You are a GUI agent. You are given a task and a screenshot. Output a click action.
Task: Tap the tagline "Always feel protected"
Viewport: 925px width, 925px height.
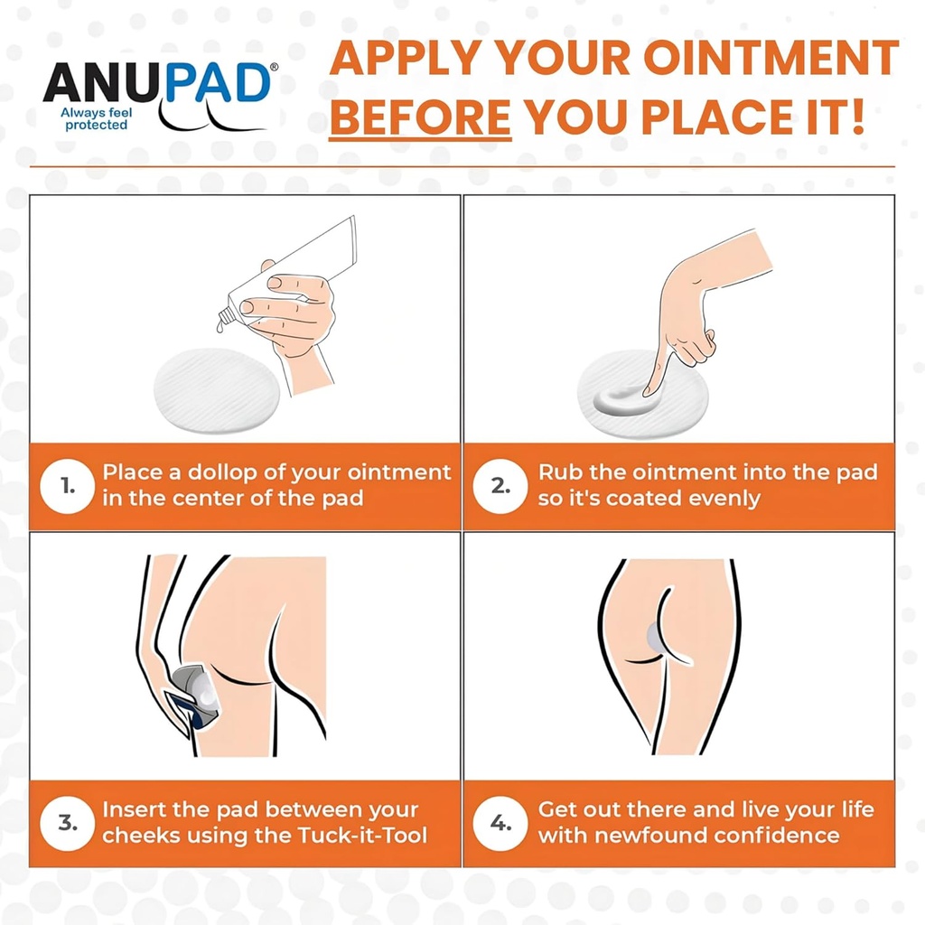(95, 119)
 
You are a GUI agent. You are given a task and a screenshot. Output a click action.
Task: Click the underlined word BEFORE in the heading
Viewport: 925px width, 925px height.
(420, 117)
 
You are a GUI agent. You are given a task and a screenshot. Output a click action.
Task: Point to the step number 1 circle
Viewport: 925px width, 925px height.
(68, 486)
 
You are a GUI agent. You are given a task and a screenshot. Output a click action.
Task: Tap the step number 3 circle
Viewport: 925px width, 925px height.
(68, 822)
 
